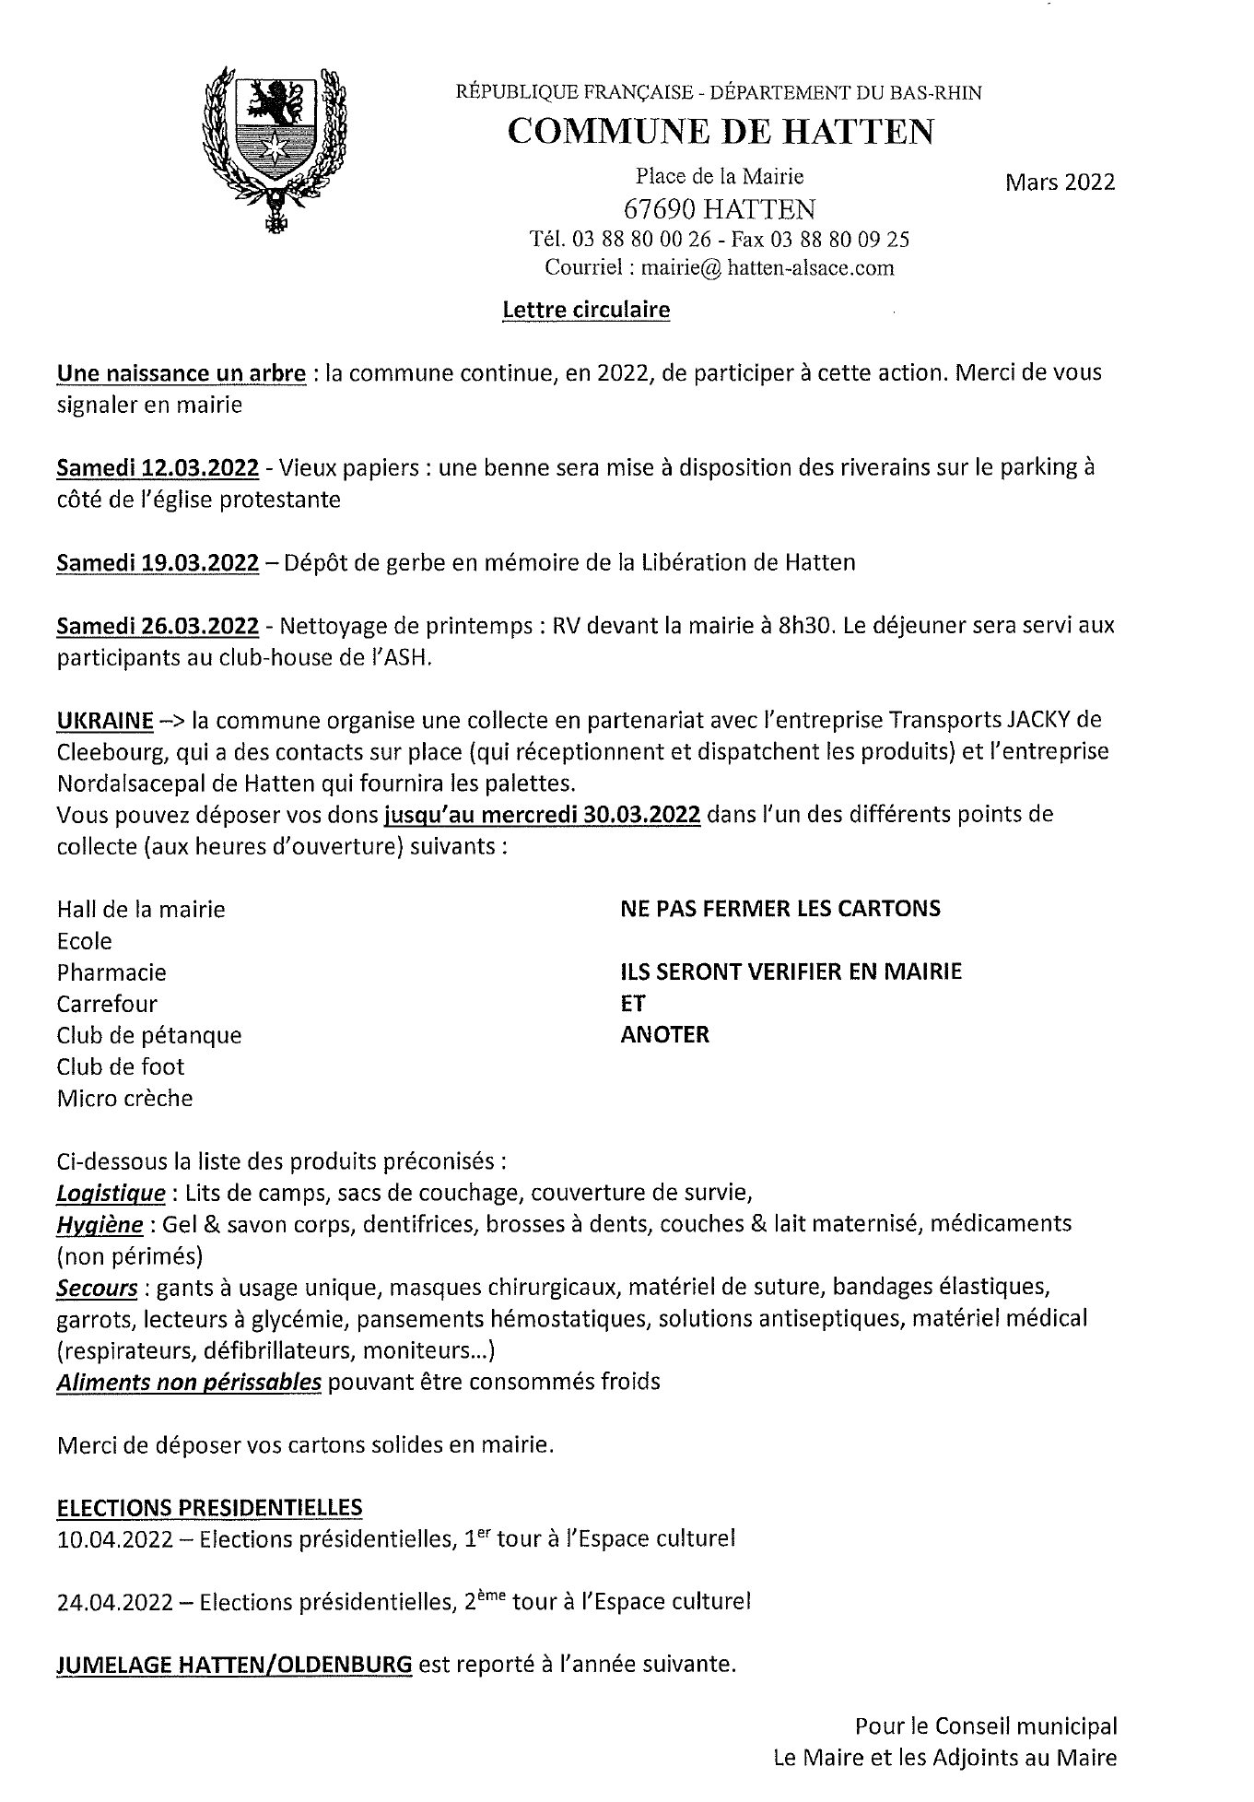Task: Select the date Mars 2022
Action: point(1059,182)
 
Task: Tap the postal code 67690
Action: point(663,209)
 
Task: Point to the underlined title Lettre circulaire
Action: point(586,310)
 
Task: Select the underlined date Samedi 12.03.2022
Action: point(158,467)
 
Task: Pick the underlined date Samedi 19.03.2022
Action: point(158,562)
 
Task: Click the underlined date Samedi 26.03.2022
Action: point(158,626)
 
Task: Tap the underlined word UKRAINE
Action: point(104,719)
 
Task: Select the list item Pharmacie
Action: point(111,972)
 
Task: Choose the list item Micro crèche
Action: point(124,1098)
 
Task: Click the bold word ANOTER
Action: point(665,1034)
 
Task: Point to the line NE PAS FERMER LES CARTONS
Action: point(780,909)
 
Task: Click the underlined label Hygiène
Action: point(100,1224)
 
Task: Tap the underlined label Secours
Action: point(97,1287)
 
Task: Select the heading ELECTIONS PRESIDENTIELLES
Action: point(209,1508)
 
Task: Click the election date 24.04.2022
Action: point(114,1602)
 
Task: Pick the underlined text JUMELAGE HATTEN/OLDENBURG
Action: point(234,1665)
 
